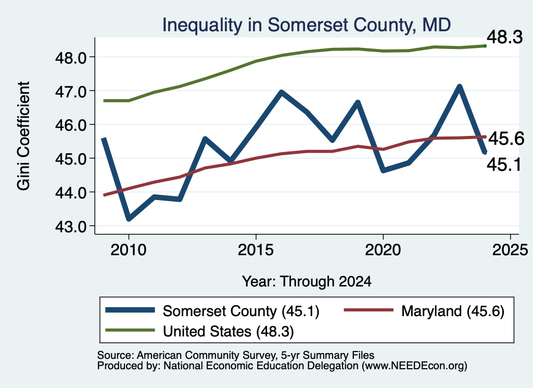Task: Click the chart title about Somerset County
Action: [306, 25]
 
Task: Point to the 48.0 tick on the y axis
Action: [71, 58]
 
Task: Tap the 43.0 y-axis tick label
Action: [71, 227]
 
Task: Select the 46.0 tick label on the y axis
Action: [71, 125]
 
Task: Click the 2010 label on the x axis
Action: [129, 250]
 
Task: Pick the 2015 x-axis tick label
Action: [256, 250]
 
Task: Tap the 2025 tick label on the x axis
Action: [510, 250]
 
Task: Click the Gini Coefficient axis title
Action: [23, 136]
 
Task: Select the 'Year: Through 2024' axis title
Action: [307, 282]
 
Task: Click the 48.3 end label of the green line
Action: [505, 37]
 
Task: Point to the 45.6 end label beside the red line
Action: [506, 139]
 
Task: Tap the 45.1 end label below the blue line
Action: [504, 165]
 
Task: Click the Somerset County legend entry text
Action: [241, 311]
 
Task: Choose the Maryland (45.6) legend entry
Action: [453, 311]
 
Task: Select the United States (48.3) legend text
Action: [229, 332]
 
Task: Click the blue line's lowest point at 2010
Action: [129, 219]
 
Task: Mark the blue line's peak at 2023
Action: [459, 86]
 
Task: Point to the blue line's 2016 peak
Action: [282, 92]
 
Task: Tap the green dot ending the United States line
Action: [485, 46]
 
